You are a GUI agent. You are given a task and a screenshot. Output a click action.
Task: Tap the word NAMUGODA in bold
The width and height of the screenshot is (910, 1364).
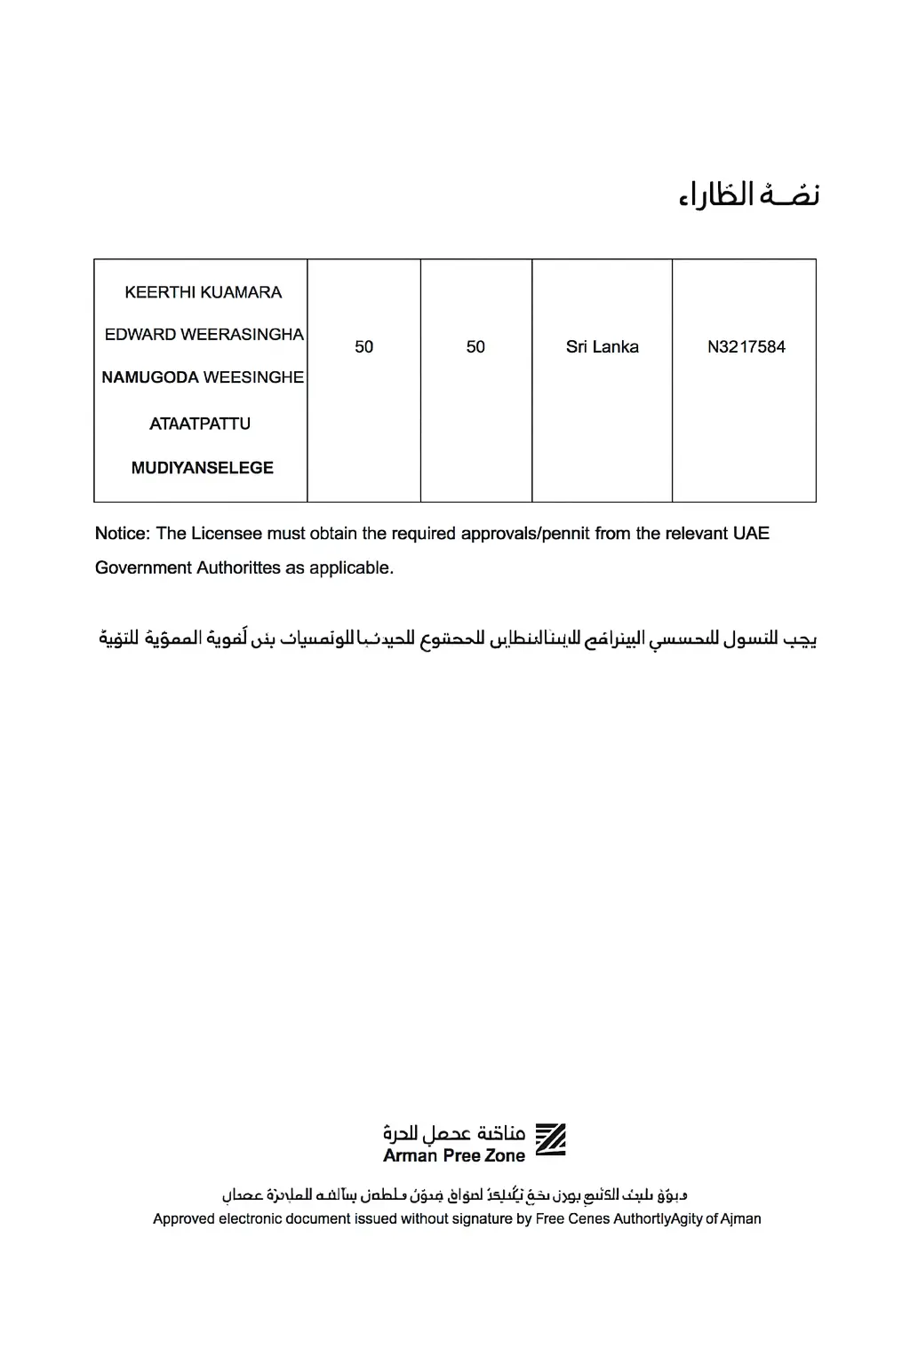[150, 377]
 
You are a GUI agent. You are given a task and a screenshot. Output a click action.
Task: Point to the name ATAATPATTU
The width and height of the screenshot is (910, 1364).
[200, 424]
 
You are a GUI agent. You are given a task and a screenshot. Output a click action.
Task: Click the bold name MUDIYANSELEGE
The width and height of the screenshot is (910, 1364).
[202, 468]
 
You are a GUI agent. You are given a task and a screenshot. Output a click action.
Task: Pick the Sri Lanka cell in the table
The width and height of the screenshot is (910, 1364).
[602, 347]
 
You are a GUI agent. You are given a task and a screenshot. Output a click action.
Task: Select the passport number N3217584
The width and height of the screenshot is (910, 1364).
[746, 347]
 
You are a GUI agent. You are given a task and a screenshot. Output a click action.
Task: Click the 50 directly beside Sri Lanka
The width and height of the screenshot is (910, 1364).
[475, 347]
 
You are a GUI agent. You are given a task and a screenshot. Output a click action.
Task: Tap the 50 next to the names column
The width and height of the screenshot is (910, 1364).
[363, 347]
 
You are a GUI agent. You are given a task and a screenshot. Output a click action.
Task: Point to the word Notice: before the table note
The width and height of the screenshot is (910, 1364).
[122, 534]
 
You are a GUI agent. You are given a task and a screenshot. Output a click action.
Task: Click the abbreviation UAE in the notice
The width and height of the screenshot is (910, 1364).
[751, 534]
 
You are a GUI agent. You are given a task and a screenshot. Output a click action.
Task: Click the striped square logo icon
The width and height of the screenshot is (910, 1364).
[550, 1140]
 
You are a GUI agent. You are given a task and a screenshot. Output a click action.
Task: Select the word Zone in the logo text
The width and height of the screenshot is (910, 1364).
[505, 1156]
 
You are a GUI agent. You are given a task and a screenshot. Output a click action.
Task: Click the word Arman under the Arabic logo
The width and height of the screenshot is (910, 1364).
[410, 1156]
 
